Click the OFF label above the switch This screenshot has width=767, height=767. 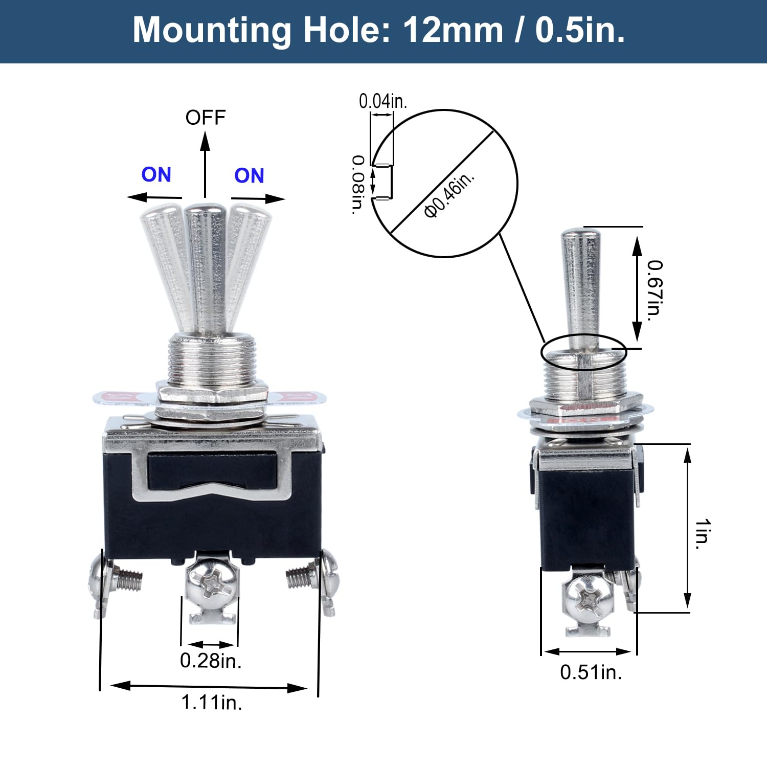tap(205, 118)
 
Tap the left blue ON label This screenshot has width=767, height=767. tap(156, 175)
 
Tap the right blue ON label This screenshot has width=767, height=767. tap(249, 176)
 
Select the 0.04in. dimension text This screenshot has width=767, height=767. tap(382, 101)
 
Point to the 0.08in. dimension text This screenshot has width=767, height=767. tap(358, 184)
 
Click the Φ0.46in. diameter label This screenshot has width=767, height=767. tap(449, 194)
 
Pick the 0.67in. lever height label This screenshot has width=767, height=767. tap(655, 290)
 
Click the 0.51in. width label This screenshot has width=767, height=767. tap(591, 672)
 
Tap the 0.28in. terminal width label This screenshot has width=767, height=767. tap(210, 661)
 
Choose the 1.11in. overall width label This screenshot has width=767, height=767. tap(211, 702)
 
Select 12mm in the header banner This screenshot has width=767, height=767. tap(453, 31)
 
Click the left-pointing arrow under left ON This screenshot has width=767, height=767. tap(153, 197)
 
